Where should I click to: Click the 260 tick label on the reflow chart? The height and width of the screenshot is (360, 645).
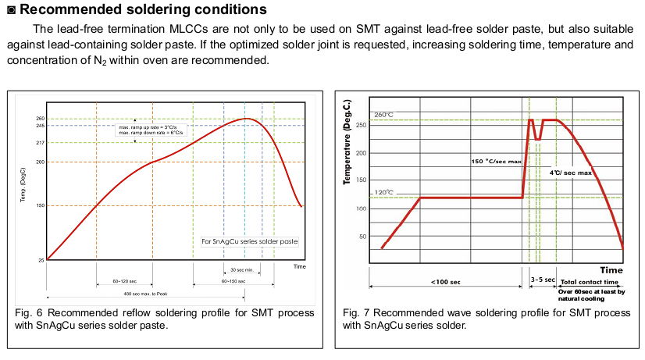pyautogui.click(x=39, y=119)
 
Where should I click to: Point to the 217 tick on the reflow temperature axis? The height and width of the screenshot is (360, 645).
pyautogui.click(x=39, y=142)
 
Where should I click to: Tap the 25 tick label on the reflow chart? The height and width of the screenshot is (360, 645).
pyautogui.click(x=41, y=260)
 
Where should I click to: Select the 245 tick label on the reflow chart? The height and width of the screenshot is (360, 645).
pyautogui.click(x=39, y=126)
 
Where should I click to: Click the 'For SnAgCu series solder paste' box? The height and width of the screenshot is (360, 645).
pyautogui.click(x=249, y=241)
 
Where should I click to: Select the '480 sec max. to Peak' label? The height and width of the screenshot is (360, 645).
pyautogui.click(x=145, y=294)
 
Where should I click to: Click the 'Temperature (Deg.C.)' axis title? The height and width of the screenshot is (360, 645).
pyautogui.click(x=347, y=142)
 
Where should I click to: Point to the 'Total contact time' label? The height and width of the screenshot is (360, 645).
pyautogui.click(x=590, y=281)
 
